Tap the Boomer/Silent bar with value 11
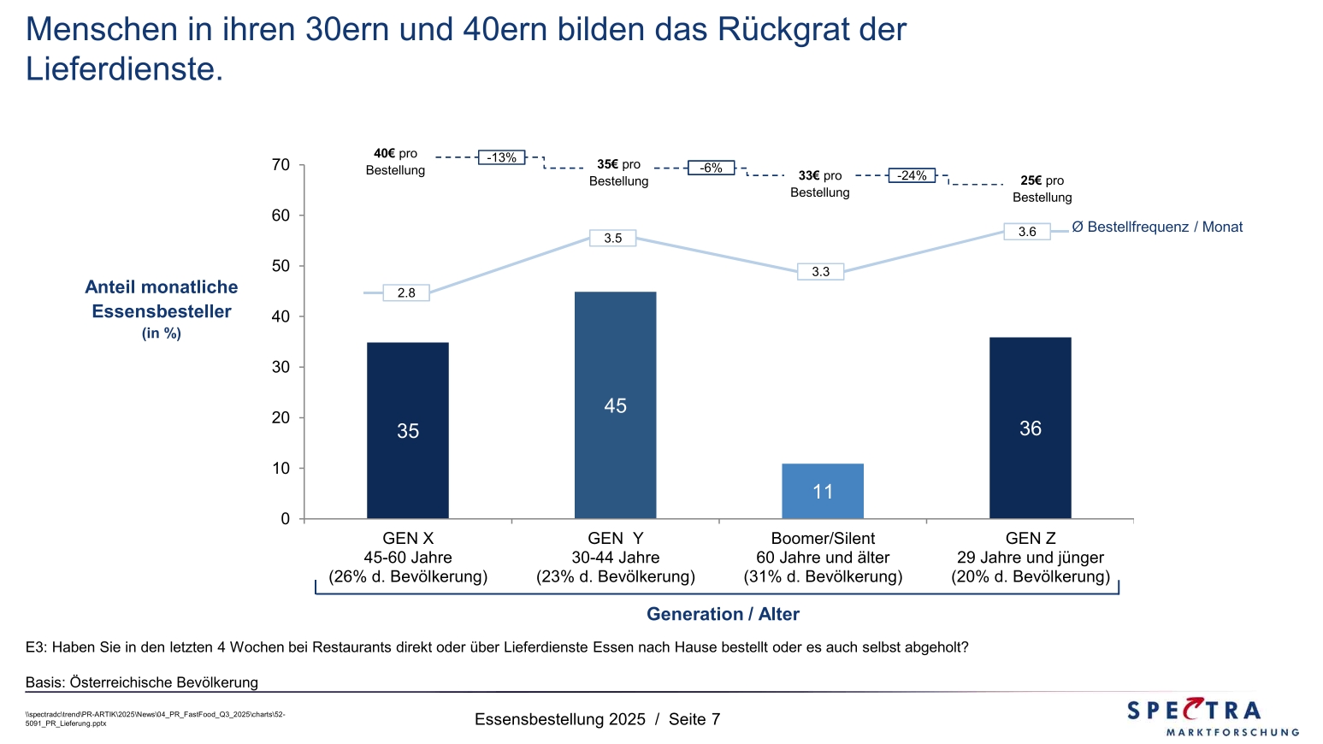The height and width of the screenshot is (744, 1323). [823, 491]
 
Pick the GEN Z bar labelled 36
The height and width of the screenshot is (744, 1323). [1030, 428]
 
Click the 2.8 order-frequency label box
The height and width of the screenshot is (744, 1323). [406, 292]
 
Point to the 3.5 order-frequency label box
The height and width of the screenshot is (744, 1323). [613, 238]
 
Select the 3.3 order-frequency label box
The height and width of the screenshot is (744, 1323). [820, 271]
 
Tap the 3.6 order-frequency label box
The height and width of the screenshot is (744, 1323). [1027, 232]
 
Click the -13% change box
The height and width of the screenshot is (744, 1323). [501, 157]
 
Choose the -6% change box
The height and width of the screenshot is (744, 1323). [712, 168]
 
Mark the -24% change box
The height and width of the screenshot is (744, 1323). [912, 175]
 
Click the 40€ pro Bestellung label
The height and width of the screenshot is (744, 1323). [395, 162]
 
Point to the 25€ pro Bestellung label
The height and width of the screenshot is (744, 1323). [1042, 189]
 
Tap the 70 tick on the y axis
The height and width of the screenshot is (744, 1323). [281, 165]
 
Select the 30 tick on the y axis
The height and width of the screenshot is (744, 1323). [281, 367]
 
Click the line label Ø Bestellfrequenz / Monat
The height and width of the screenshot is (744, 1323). [1157, 227]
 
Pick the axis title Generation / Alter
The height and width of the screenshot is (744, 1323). [723, 614]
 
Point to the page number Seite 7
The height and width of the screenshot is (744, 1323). [694, 719]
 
